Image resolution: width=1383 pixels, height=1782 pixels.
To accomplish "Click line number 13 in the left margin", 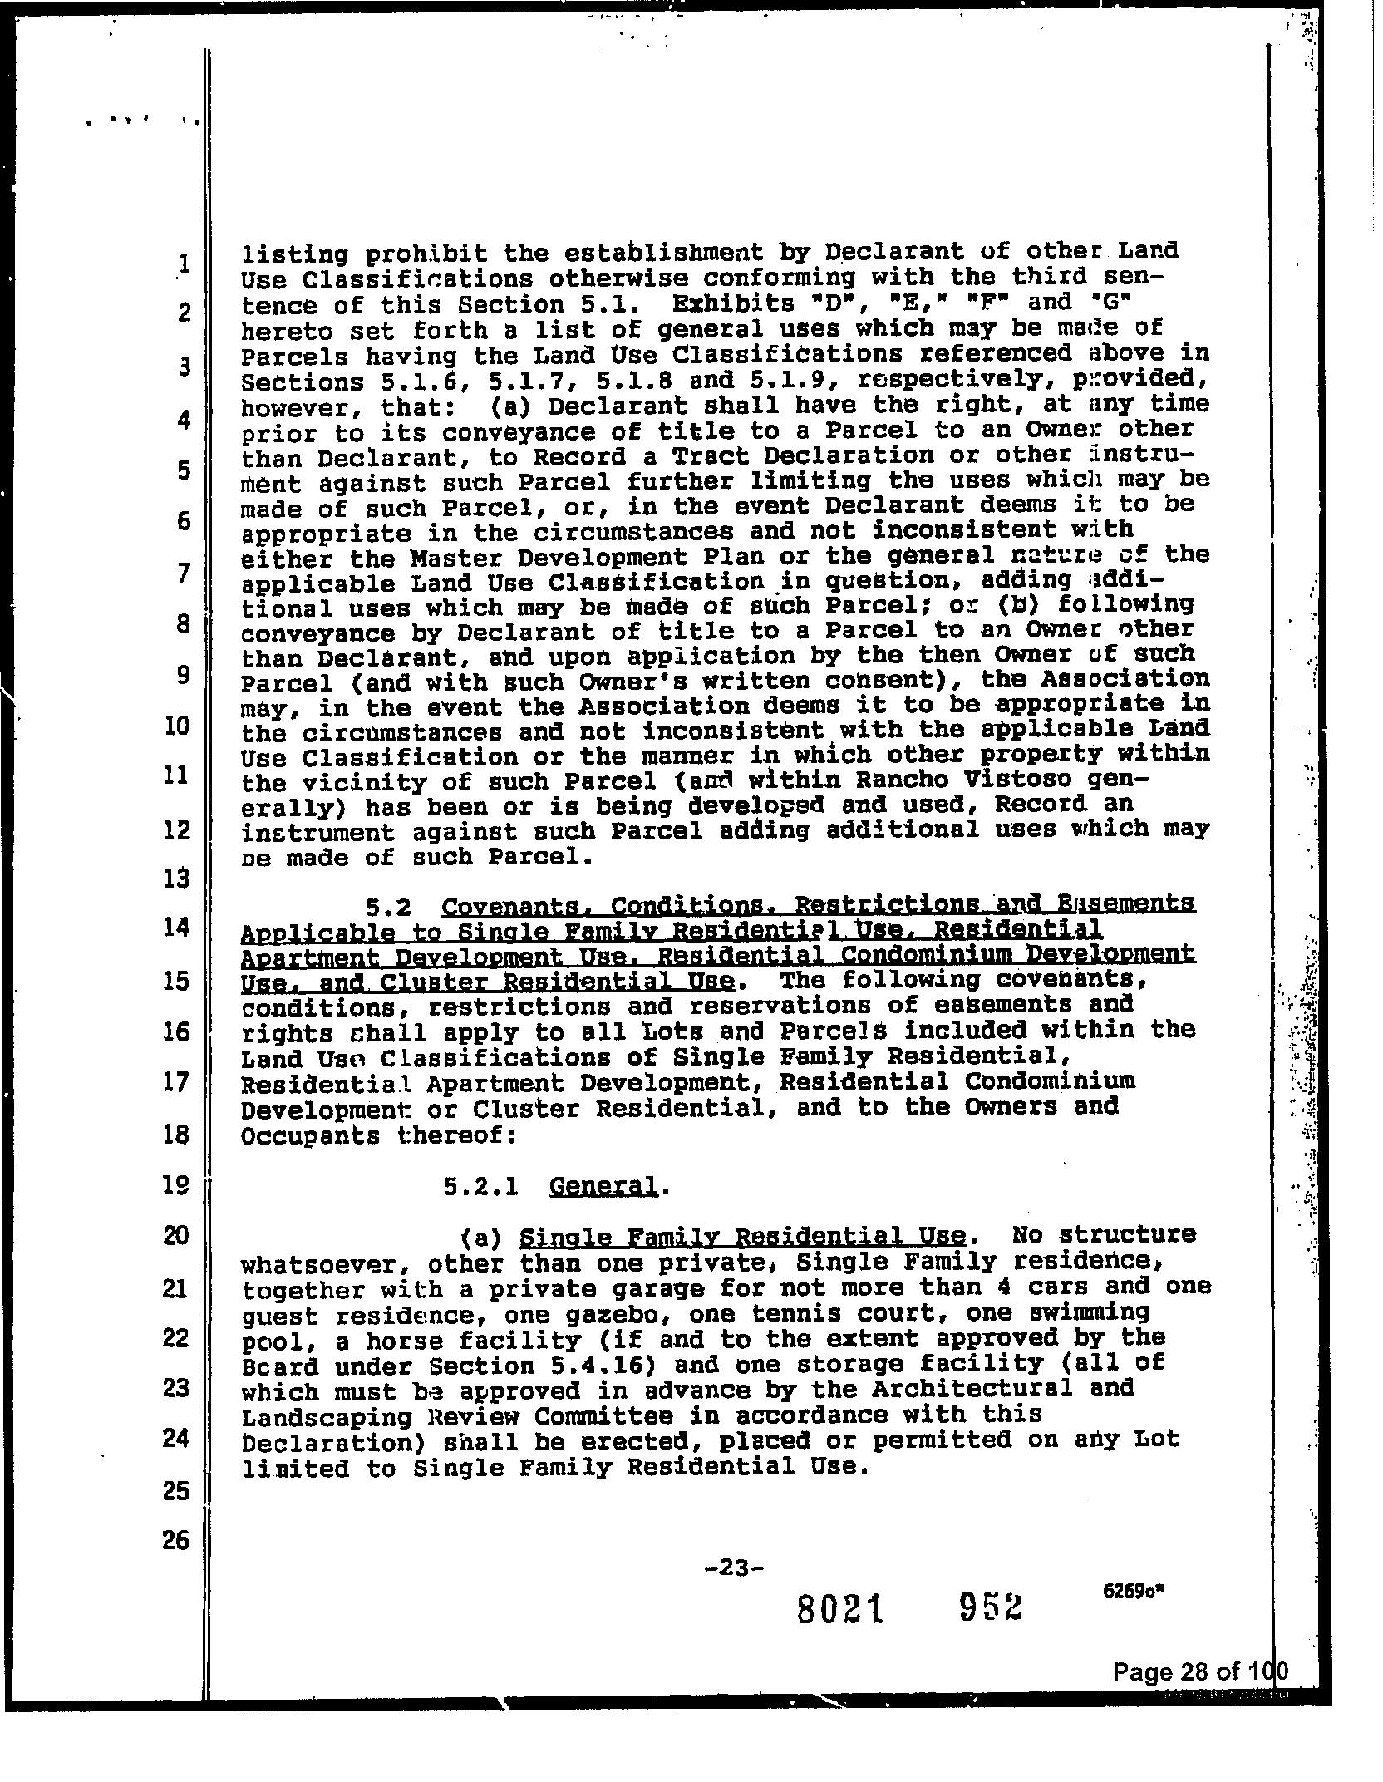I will coord(177,878).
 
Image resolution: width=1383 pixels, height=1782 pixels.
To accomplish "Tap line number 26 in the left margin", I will coord(175,1540).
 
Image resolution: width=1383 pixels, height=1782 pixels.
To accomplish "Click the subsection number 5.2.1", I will coord(481,1187).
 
